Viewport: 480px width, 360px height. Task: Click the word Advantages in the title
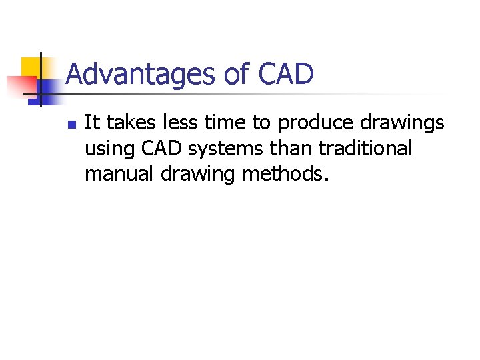click(x=141, y=74)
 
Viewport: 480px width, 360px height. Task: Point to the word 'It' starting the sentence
click(x=92, y=123)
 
